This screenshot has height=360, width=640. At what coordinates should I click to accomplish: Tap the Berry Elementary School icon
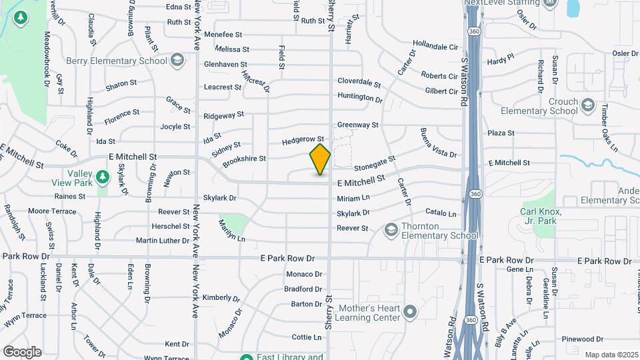pyautogui.click(x=177, y=61)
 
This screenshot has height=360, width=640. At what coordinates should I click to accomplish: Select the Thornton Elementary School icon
pyautogui.click(x=391, y=230)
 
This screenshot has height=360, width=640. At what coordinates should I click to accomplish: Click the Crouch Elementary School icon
pyautogui.click(x=587, y=105)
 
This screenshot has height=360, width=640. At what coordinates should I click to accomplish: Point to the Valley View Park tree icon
pyautogui.click(x=101, y=177)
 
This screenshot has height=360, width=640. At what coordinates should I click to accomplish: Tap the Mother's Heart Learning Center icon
pyautogui.click(x=410, y=312)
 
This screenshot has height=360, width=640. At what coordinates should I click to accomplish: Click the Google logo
pyautogui.click(x=22, y=351)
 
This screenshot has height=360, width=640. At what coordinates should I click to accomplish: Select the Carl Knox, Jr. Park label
pyautogui.click(x=541, y=216)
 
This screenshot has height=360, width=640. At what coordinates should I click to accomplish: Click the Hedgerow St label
pyautogui.click(x=302, y=141)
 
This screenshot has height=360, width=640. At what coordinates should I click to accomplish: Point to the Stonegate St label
pyautogui.click(x=375, y=163)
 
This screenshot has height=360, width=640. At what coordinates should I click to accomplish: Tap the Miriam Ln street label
pyautogui.click(x=353, y=198)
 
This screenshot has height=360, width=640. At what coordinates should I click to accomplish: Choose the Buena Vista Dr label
pyautogui.click(x=438, y=143)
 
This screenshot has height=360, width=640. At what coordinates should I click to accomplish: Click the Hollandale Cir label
pyautogui.click(x=436, y=47)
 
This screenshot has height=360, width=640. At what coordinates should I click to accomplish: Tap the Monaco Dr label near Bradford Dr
pyautogui.click(x=304, y=274)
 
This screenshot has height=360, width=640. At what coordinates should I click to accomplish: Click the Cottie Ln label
pyautogui.click(x=307, y=337)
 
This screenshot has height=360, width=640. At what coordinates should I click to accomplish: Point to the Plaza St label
pyautogui.click(x=501, y=133)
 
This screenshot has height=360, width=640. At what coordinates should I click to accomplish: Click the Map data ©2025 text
pyautogui.click(x=610, y=355)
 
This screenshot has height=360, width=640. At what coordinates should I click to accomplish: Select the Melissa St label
pyautogui.click(x=232, y=49)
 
